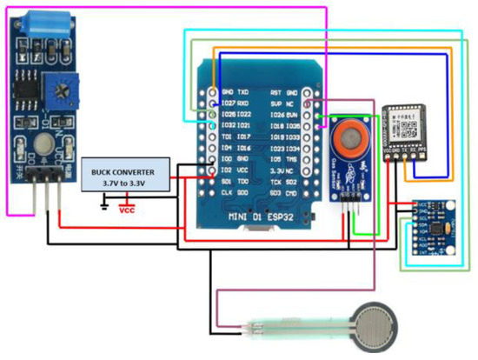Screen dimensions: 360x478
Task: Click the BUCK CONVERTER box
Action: tap(124, 178)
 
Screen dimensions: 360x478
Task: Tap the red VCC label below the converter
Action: tap(127, 210)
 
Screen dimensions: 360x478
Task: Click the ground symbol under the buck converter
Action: tap(105, 205)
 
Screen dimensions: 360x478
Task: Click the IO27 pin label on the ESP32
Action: tap(229, 102)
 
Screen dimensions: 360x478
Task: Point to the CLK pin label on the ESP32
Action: tap(228, 192)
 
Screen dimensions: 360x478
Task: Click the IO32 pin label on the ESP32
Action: tap(229, 124)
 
